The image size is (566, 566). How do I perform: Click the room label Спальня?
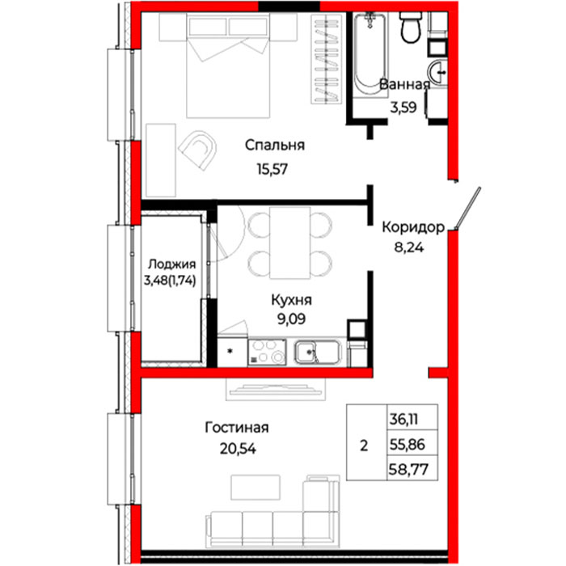275,146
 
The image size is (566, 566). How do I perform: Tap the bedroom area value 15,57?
272,168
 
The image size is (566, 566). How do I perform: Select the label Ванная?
404,84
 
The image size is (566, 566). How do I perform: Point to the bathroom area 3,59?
403,108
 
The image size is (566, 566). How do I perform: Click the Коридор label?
413,227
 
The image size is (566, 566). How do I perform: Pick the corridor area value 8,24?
408,247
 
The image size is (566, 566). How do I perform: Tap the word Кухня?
291,300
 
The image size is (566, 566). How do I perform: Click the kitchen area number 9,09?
291,319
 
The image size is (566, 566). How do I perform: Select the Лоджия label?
171,264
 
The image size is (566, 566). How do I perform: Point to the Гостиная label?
237,428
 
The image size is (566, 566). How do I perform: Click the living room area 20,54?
238,449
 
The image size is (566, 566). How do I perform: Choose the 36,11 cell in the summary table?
403,420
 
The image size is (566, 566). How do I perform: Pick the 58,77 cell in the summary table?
408,469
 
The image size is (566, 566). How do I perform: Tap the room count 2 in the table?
364,446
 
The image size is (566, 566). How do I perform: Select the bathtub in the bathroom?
370,54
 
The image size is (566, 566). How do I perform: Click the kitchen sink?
317,352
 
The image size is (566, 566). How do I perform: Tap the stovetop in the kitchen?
267,352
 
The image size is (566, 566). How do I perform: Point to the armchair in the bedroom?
198,150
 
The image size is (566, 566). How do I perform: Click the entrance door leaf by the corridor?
468,209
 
